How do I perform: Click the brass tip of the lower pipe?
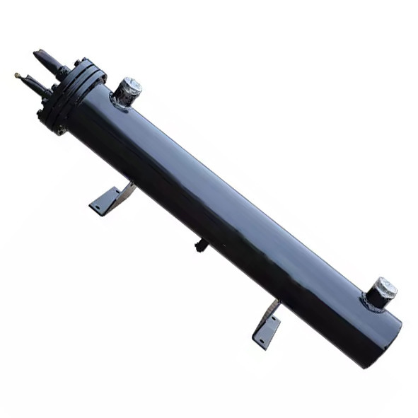tap(17, 75)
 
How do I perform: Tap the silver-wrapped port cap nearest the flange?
tap(129, 88)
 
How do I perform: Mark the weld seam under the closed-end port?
tap(373, 305)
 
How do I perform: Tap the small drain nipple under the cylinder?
tap(202, 245)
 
